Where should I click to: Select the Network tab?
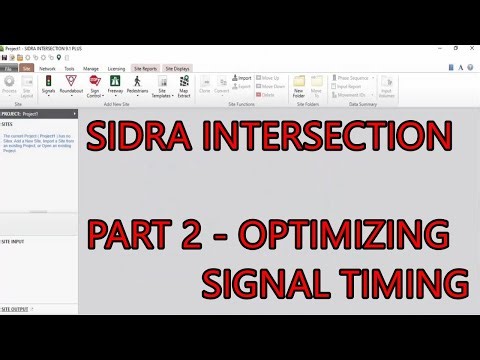pos(62,68)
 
